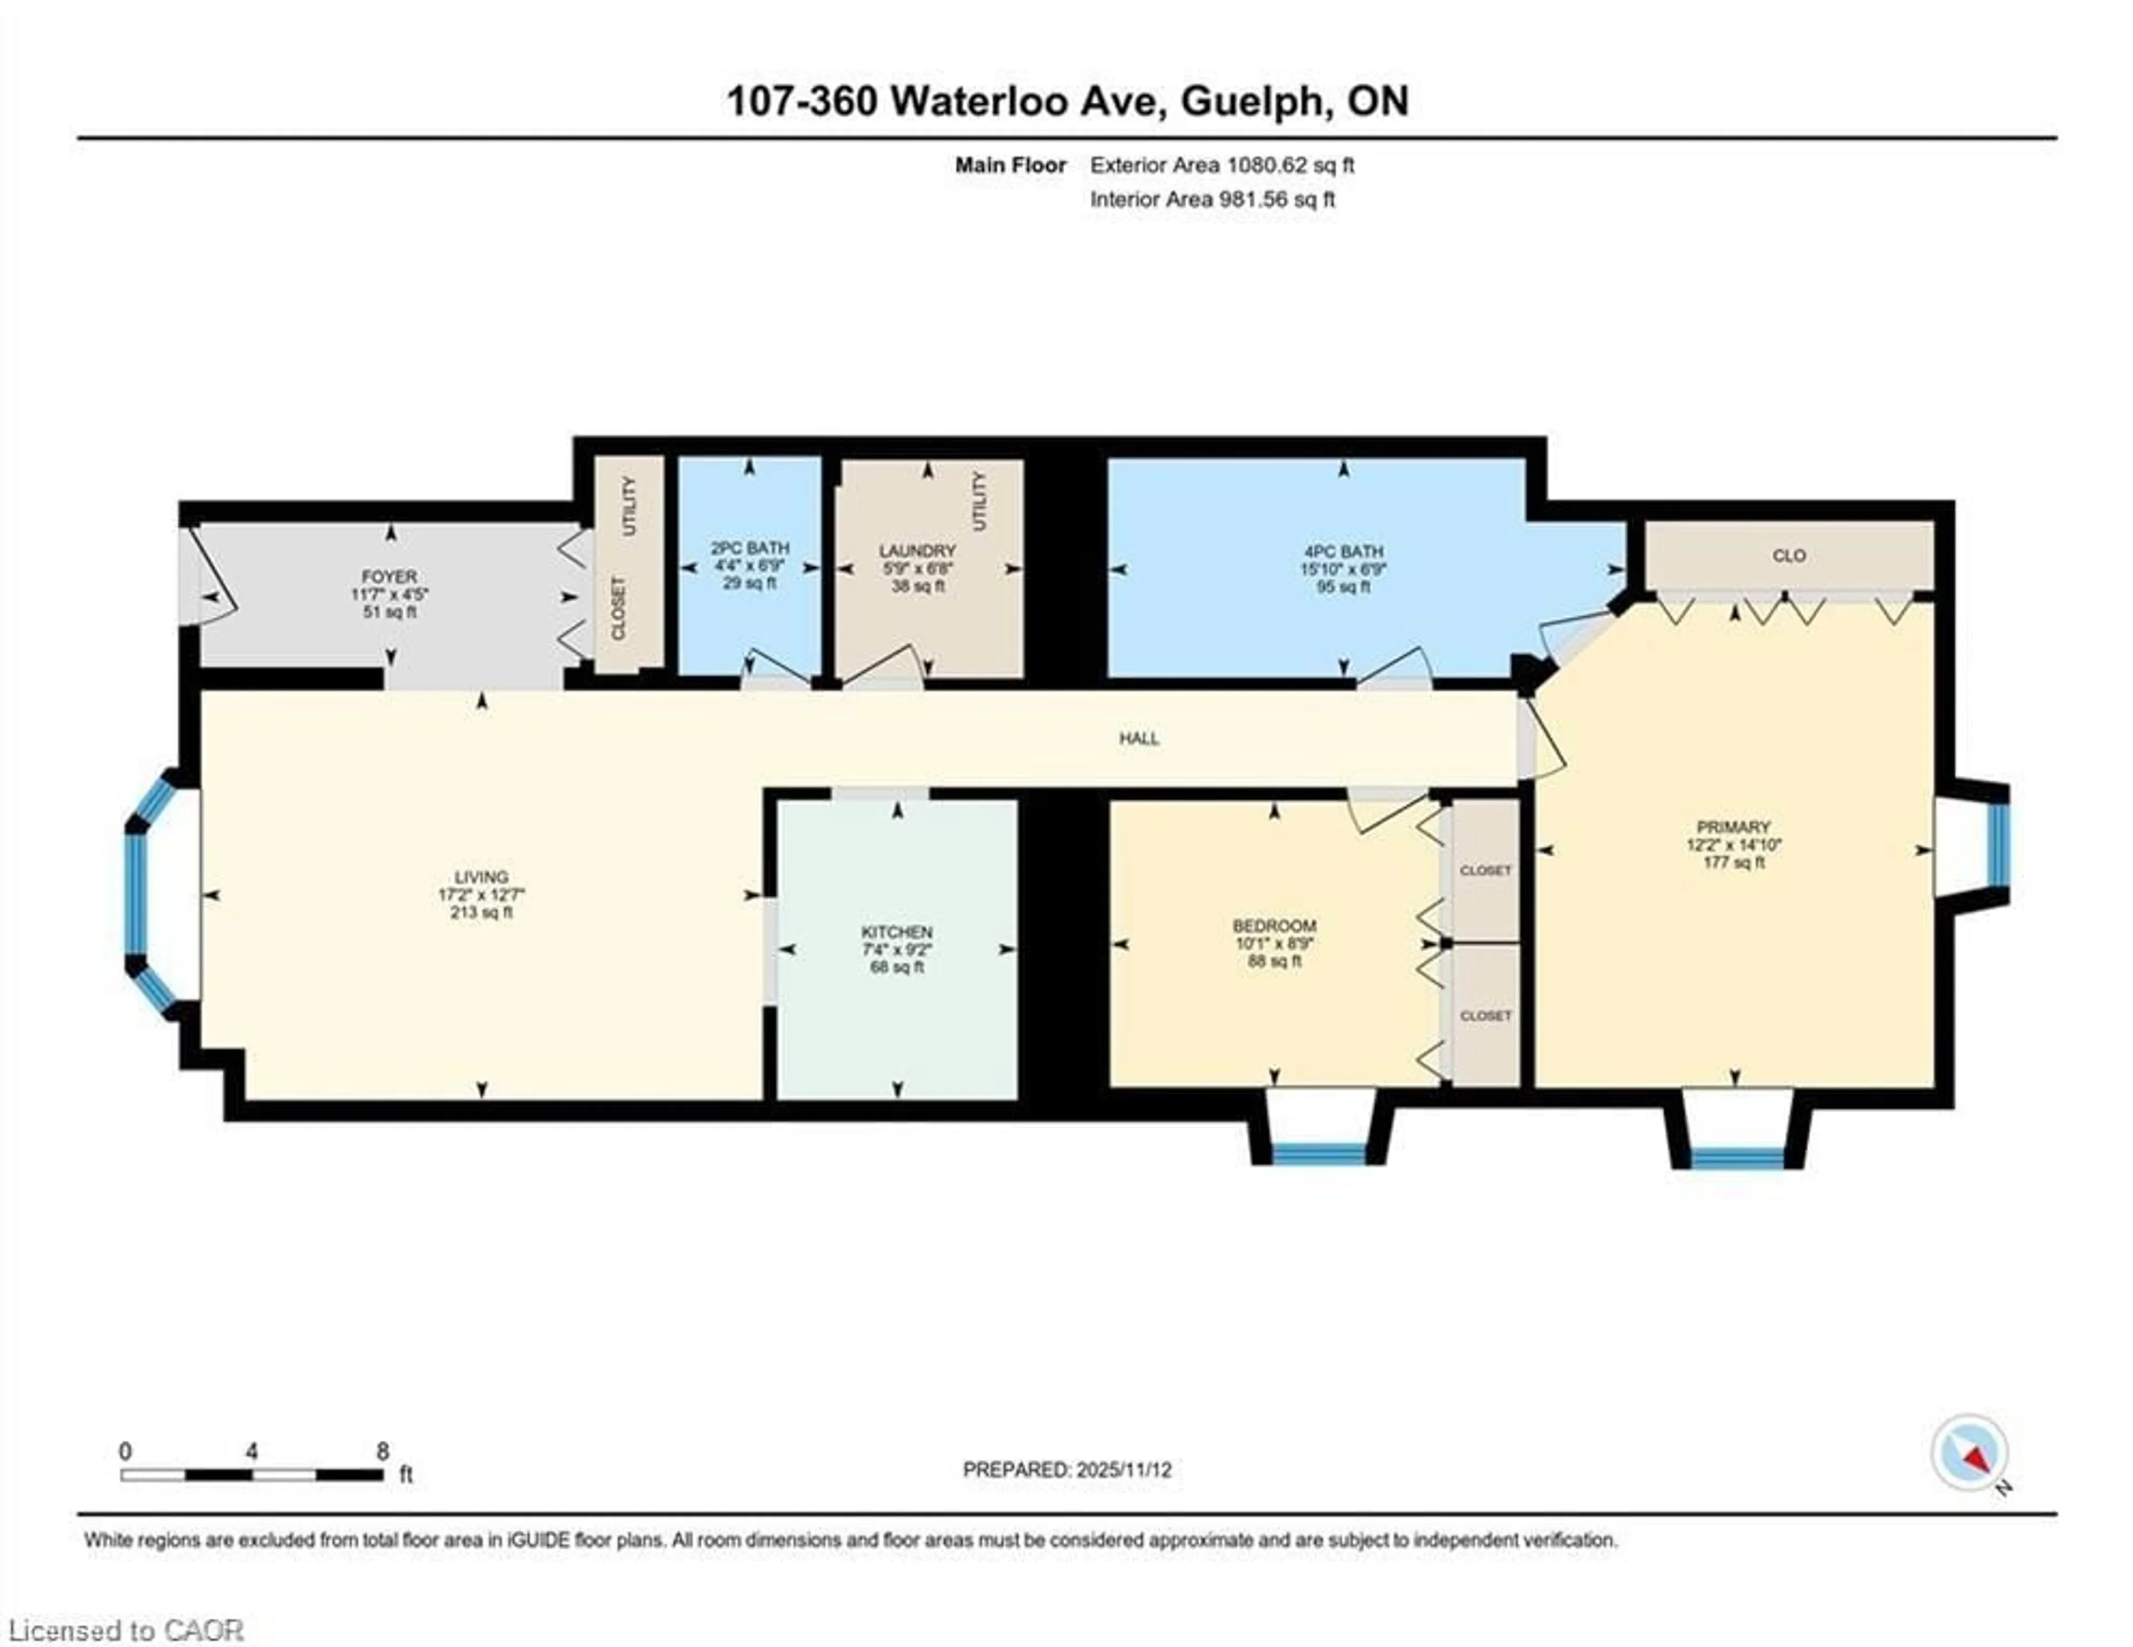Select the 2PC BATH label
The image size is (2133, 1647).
(x=749, y=548)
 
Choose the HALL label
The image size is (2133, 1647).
(x=1139, y=738)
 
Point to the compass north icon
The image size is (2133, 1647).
(x=1969, y=1453)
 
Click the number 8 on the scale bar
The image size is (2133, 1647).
(x=382, y=1451)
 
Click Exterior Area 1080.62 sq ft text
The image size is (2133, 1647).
(x=1222, y=165)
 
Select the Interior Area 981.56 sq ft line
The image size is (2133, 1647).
(x=1212, y=200)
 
